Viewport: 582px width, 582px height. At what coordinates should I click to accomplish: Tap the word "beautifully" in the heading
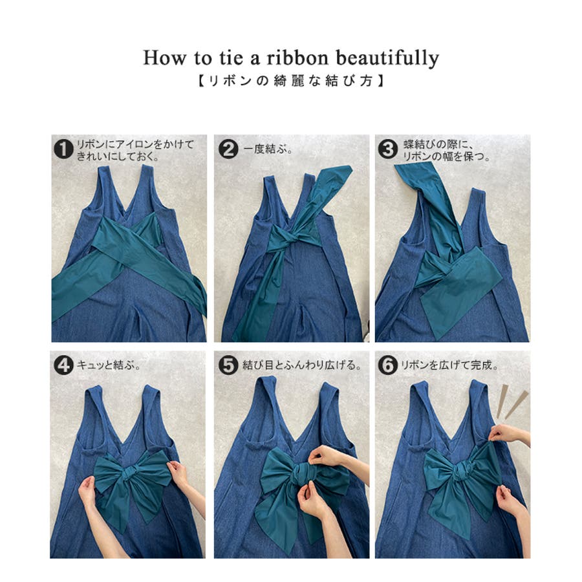point(387,59)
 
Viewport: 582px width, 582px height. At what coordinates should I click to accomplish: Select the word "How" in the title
point(164,58)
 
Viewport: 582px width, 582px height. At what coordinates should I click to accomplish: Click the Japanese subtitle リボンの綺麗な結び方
point(291,81)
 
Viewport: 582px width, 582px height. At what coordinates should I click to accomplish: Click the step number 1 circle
point(63,149)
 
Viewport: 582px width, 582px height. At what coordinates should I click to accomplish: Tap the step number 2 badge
point(228,149)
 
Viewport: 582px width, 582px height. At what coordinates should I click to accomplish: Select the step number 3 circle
point(388,149)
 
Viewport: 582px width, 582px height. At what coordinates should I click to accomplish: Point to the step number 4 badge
point(63,365)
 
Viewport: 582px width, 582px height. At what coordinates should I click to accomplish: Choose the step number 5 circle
point(228,365)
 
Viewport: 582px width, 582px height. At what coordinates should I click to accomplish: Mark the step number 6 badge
point(388,365)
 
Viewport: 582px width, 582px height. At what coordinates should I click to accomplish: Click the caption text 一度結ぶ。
point(268,149)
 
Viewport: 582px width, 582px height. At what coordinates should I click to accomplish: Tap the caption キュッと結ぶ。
point(109,365)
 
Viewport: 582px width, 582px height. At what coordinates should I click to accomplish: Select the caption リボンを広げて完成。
point(449,365)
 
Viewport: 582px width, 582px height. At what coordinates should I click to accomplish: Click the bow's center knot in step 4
point(129,473)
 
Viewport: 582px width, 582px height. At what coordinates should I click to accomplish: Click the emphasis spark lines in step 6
point(512,401)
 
